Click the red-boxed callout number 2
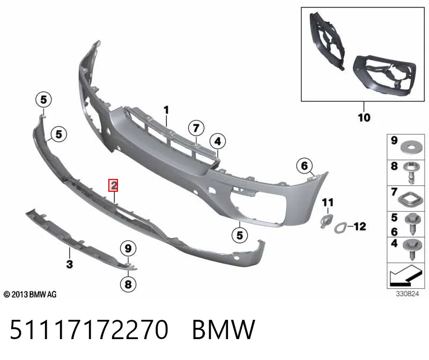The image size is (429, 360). click(113, 185)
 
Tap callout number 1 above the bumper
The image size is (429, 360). click(166, 110)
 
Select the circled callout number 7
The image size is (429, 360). click(196, 128)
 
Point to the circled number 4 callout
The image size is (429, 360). click(218, 141)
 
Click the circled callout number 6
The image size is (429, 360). click(305, 166)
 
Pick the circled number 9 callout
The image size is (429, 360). click(128, 249)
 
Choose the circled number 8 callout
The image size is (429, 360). click(128, 284)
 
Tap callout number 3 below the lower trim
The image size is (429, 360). click(70, 264)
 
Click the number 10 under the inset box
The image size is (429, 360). click(364, 117)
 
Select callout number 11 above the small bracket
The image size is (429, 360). click(328, 202)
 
